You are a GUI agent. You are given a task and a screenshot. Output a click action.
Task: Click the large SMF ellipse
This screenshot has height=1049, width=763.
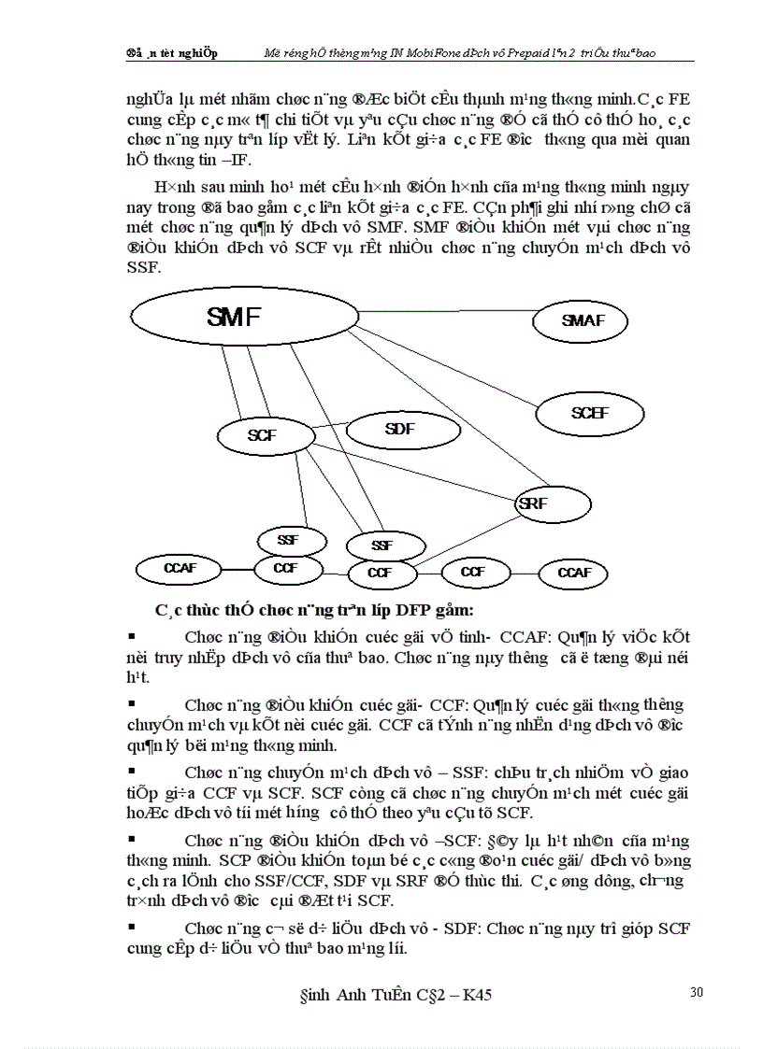(x=234, y=319)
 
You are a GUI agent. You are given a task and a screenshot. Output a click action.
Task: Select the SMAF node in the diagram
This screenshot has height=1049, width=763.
(x=582, y=321)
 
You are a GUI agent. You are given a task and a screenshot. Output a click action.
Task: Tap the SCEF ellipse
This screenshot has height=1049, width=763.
(x=589, y=412)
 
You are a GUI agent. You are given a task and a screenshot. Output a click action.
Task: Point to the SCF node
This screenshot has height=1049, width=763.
(x=262, y=435)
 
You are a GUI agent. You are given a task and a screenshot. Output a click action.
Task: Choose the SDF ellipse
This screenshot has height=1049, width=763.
(x=399, y=430)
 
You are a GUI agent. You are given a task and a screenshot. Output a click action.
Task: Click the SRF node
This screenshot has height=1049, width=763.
(x=552, y=504)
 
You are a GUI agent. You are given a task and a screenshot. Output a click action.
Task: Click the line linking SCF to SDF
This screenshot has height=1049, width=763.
(x=328, y=427)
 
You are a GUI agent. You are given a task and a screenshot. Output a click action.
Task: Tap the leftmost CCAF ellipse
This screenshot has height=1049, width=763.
(x=179, y=568)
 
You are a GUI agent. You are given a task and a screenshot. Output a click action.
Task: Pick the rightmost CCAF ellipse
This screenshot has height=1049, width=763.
(x=574, y=573)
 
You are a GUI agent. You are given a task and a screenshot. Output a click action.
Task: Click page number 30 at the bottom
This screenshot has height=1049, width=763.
(x=696, y=992)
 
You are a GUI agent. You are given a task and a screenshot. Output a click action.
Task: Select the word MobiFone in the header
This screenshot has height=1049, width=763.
(x=403, y=53)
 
